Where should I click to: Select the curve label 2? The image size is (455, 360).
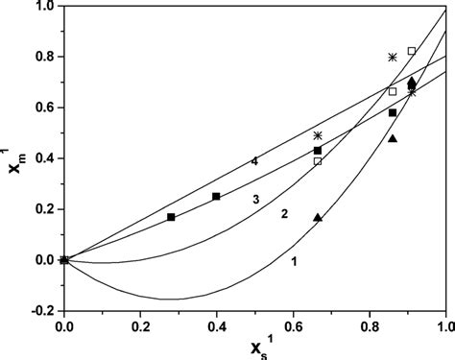tap(284, 214)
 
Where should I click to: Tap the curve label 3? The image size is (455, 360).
tap(256, 199)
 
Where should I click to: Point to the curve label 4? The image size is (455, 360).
tap(253, 161)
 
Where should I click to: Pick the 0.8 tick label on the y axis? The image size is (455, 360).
tap(42, 58)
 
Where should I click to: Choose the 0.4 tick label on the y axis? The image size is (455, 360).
tap(42, 158)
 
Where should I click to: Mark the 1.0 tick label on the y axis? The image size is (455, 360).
tap(42, 8)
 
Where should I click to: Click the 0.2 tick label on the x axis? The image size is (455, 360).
tap(140, 326)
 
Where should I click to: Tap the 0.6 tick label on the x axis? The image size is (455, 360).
tap(294, 326)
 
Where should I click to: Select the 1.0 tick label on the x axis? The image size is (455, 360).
tap(443, 326)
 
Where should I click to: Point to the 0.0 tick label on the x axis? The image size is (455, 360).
tap(64, 326)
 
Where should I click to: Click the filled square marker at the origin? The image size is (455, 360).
tap(64, 259)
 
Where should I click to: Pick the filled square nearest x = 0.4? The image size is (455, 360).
tap(216, 196)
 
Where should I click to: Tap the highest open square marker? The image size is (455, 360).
tap(412, 51)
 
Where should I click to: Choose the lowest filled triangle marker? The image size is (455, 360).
tap(318, 217)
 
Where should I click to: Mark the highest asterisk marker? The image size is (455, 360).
tap(393, 57)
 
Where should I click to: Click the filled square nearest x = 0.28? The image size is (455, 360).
tap(171, 217)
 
